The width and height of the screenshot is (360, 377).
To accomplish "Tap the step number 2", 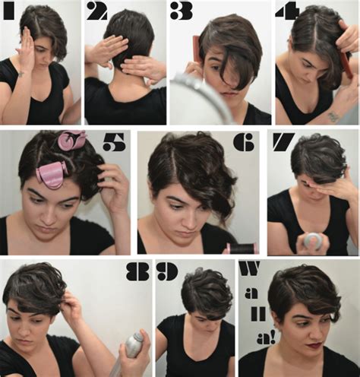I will coord(96,11).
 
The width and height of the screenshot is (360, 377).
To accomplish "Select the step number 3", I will coord(182,11).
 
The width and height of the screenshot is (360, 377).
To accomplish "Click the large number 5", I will coord(113,143).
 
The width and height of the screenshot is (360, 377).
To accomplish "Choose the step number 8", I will coord(134,271).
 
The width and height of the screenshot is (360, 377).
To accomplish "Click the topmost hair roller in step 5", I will coord(72,141).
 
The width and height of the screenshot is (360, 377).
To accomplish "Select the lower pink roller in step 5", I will coord(52,174).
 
